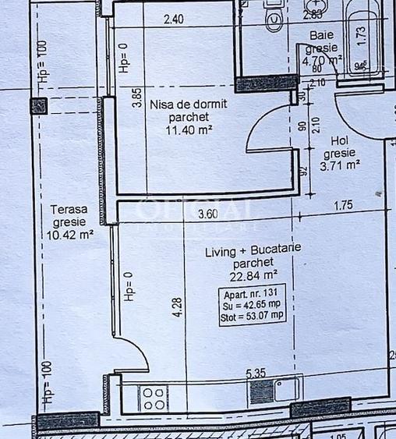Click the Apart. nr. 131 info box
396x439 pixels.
[252, 306]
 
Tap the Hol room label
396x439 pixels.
[338, 140]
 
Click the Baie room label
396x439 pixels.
[321, 35]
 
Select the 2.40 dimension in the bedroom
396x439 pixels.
[173, 20]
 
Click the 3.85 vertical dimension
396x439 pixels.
[137, 97]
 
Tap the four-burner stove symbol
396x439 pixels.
[154, 398]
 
